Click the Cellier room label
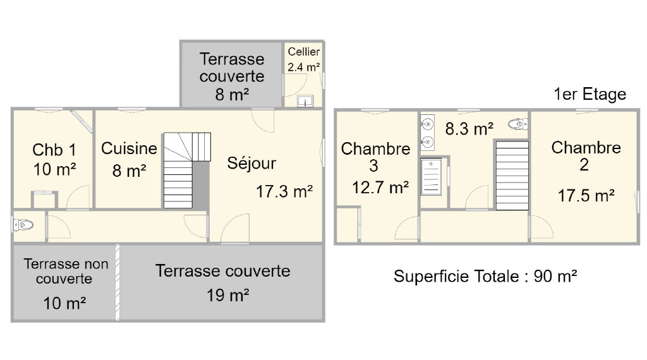coord(304,52)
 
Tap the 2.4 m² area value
coord(304,67)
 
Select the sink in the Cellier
coord(305,101)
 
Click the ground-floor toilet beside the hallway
coord(23,225)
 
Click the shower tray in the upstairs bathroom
coord(431,177)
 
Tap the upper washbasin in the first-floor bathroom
coord(428,123)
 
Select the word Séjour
coord(251,164)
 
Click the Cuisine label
coord(129,148)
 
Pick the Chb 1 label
coord(54,150)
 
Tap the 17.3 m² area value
coord(284,191)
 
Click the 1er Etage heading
coord(590,94)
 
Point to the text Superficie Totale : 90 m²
coord(485,276)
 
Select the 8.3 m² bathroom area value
coord(469,129)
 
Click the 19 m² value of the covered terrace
coord(227,295)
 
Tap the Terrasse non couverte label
coord(66,271)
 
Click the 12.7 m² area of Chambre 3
coord(380,188)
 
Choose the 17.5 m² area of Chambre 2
coord(586,195)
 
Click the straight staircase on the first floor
coord(512,176)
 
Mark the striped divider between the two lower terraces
coord(118,282)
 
